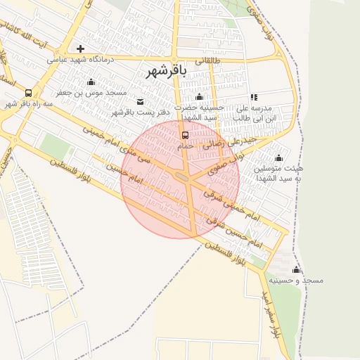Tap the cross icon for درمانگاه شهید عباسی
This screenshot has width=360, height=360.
pyautogui.click(x=81, y=49)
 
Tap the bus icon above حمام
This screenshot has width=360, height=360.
pyautogui.click(x=186, y=135)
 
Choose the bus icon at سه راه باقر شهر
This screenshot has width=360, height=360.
pyautogui.click(x=28, y=93)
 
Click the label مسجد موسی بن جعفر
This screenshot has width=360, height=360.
pyautogui.click(x=92, y=93)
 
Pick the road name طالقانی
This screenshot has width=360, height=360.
pyautogui.click(x=207, y=61)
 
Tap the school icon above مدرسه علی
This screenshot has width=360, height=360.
pyautogui.click(x=254, y=97)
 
